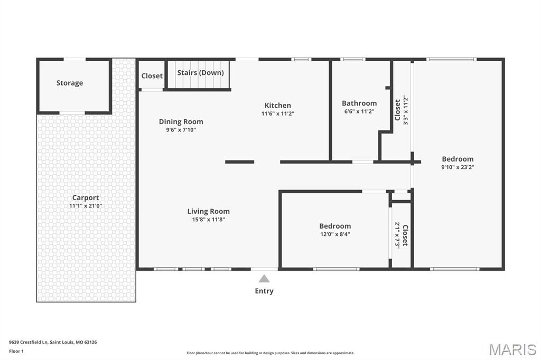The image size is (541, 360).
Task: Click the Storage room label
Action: click(70, 83)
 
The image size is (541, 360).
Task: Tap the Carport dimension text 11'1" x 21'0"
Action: click(86, 206)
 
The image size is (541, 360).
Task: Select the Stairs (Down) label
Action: click(200, 72)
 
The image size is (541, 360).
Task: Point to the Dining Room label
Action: click(181, 121)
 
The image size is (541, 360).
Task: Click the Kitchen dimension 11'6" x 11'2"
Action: click(277, 113)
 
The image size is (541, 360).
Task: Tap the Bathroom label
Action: click(359, 103)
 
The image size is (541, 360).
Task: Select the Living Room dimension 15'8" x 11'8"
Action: click(209, 220)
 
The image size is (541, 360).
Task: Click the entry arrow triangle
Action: click(264, 279)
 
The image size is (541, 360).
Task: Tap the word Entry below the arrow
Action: click(264, 291)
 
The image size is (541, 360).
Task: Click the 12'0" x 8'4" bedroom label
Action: click(335, 226)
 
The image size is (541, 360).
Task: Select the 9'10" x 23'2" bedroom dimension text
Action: click(458, 167)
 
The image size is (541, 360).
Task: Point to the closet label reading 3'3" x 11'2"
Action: click(405, 110)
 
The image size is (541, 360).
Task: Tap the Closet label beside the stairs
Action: click(152, 76)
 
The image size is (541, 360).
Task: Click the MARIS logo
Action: click(512, 349)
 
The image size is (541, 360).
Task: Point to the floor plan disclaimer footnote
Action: click(270, 353)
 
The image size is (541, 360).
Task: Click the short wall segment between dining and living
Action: click(240, 162)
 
